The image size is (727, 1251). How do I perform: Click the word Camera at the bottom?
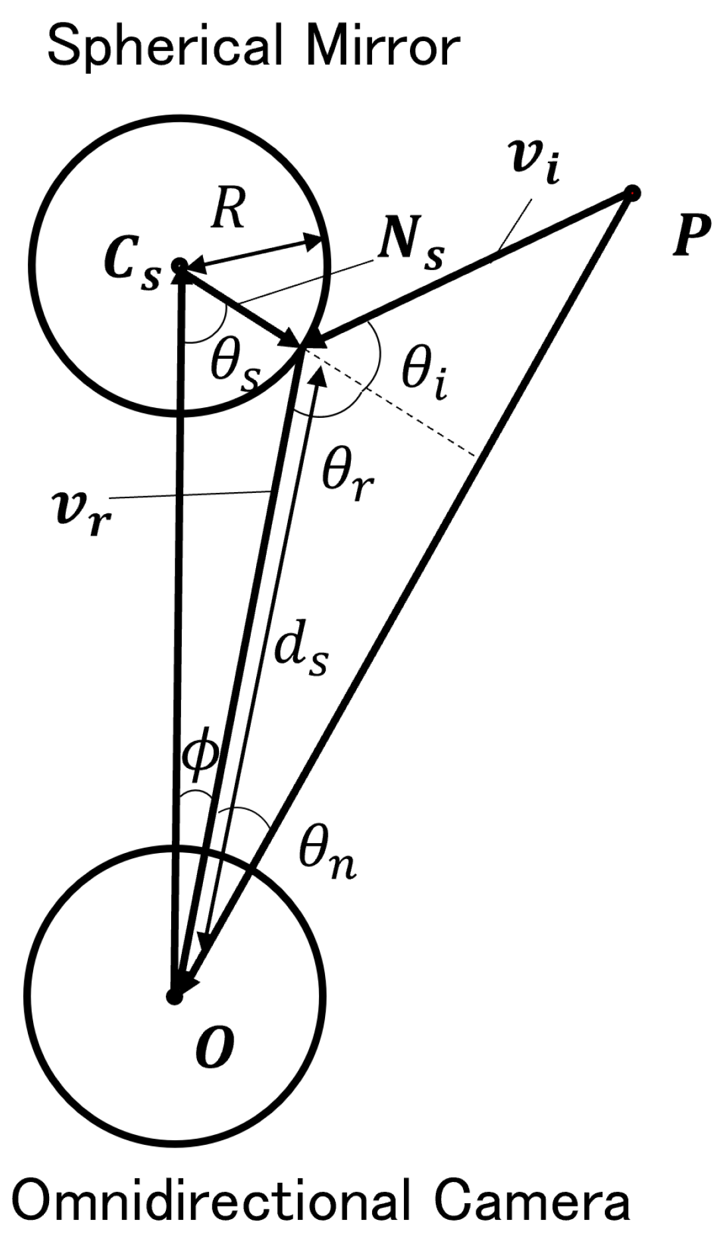click(x=531, y=1201)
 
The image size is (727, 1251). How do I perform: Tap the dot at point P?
click(x=632, y=193)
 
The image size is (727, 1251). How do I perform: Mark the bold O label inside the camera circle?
click(x=214, y=1047)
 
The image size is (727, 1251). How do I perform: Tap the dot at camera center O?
click(x=174, y=996)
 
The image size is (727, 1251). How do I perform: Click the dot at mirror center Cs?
click(x=178, y=266)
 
